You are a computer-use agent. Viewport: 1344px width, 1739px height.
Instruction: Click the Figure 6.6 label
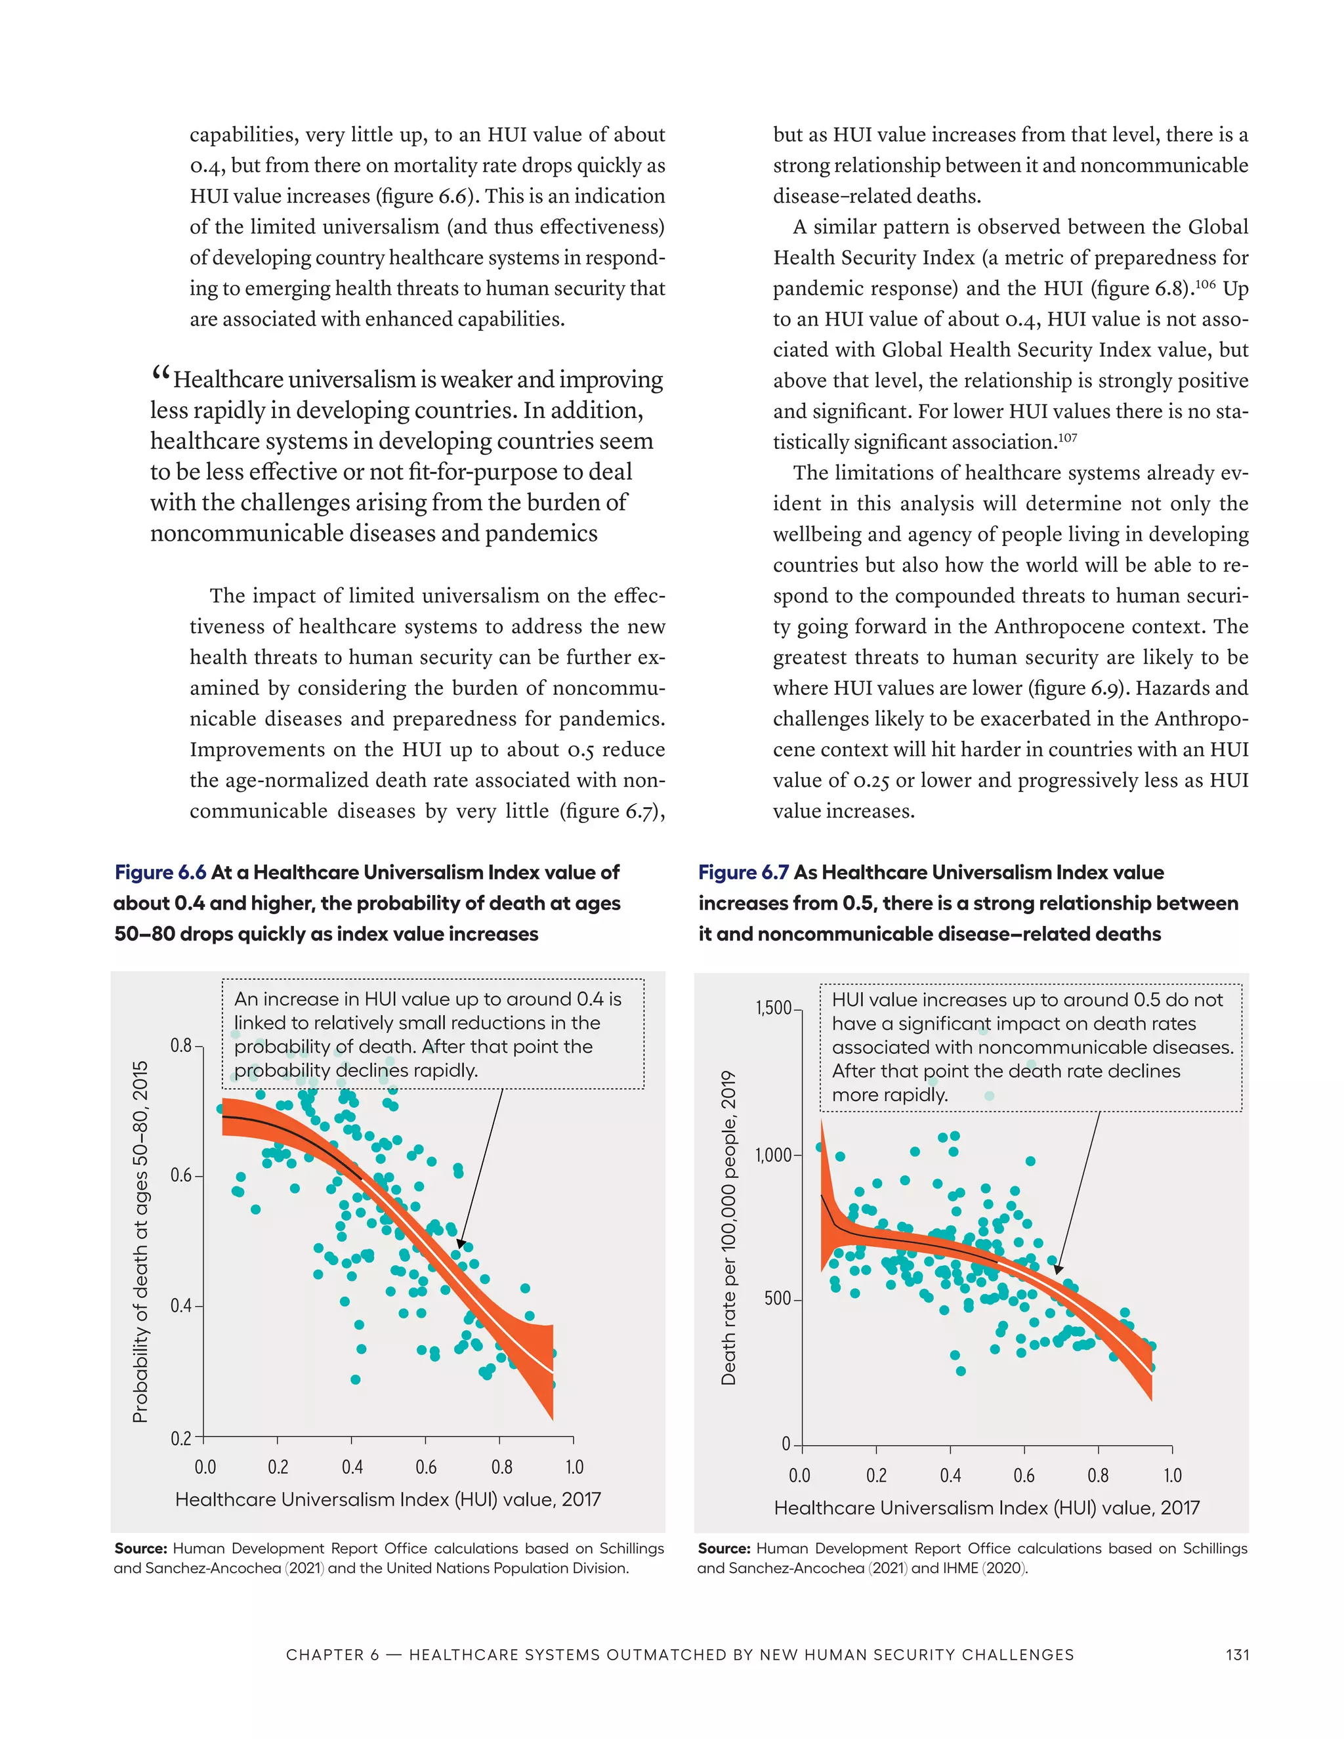(x=160, y=873)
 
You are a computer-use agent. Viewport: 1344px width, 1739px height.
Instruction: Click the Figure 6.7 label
(x=743, y=873)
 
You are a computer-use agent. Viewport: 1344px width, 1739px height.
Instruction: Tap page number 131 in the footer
(x=1236, y=1654)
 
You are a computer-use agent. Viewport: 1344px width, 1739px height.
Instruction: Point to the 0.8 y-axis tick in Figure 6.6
(x=182, y=1045)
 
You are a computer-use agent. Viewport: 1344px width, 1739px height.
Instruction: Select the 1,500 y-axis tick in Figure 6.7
(x=773, y=1009)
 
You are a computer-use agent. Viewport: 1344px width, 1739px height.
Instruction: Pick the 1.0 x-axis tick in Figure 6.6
(x=574, y=1467)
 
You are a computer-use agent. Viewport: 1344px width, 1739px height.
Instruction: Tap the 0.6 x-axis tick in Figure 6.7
(x=1024, y=1475)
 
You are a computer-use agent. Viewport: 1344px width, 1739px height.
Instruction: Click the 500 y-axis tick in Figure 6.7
(x=778, y=1299)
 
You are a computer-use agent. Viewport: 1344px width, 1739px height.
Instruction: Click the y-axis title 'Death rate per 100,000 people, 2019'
(x=728, y=1228)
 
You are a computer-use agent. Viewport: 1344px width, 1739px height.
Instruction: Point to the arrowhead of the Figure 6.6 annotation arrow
(x=461, y=1244)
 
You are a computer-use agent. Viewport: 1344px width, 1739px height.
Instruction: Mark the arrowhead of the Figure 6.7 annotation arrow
(x=1058, y=1269)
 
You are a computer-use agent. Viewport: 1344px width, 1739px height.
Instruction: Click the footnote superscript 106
(x=1205, y=283)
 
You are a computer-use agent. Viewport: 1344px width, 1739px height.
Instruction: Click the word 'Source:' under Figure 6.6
(x=141, y=1549)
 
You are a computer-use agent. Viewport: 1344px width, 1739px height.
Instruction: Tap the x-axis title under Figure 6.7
(x=986, y=1508)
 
